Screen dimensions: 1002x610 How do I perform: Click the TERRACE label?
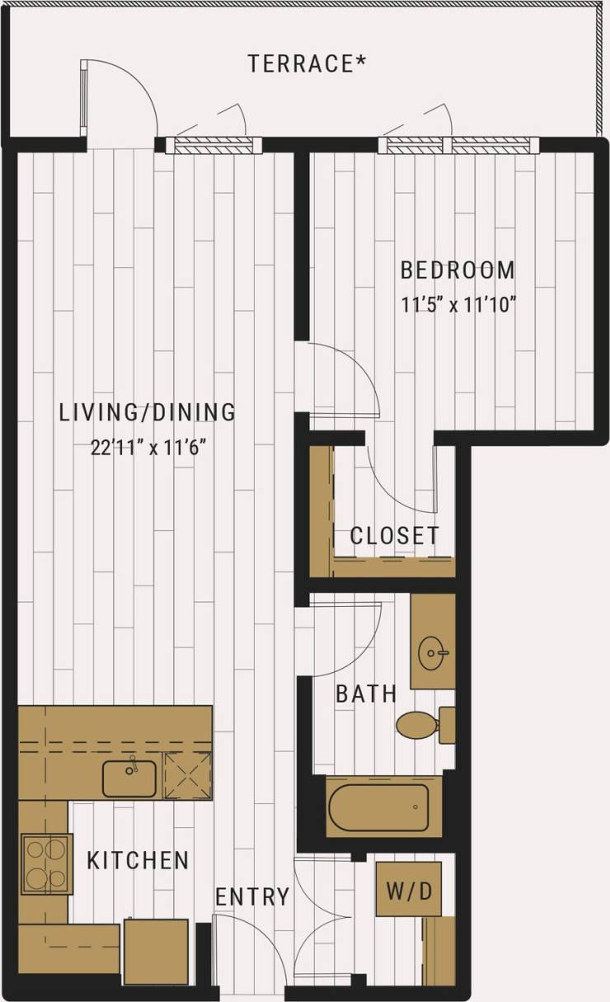point(307,64)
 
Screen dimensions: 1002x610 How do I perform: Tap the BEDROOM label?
point(457,270)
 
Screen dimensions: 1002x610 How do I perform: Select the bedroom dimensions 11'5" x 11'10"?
point(457,304)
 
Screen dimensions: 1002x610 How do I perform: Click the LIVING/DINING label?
point(148,412)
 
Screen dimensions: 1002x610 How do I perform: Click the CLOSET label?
point(394,535)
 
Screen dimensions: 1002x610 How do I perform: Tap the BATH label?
point(366,694)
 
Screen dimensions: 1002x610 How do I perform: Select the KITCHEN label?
point(138,860)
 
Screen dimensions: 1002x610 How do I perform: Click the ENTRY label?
point(252,896)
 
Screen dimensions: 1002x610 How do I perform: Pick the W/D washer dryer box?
point(408,889)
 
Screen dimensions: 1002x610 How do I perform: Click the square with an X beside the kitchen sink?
point(187,776)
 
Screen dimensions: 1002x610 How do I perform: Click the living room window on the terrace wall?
point(213,146)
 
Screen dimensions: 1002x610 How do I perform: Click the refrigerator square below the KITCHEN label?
point(156,951)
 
